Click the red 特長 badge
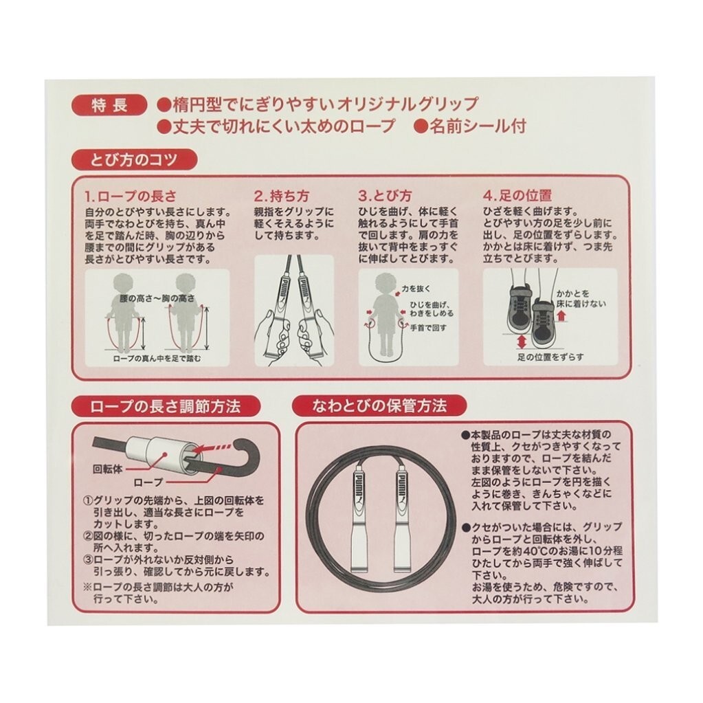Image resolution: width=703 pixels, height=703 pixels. pos(109,106)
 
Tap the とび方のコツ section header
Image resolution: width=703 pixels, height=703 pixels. pos(134,160)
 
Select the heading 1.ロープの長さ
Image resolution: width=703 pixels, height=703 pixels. pos(131,196)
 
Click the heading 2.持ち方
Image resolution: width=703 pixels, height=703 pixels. pos(282,196)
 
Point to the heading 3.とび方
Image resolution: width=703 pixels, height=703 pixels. pos(385,196)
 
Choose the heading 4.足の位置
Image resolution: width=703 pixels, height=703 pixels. pos(517,196)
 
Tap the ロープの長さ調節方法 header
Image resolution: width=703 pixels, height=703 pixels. pos(166,406)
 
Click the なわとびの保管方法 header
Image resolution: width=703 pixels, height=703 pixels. pos(379,406)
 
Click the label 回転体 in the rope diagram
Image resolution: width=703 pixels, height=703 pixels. pos(107,469)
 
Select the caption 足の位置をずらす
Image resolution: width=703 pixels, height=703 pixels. pos(550,357)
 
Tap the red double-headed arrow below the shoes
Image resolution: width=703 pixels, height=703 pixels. pos(521,342)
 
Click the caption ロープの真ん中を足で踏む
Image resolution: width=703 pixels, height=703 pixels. pos(157,358)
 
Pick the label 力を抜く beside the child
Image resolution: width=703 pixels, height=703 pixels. pos(416,289)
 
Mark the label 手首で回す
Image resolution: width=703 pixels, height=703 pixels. pos(429,327)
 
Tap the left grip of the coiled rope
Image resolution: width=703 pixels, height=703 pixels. pos(361,518)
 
